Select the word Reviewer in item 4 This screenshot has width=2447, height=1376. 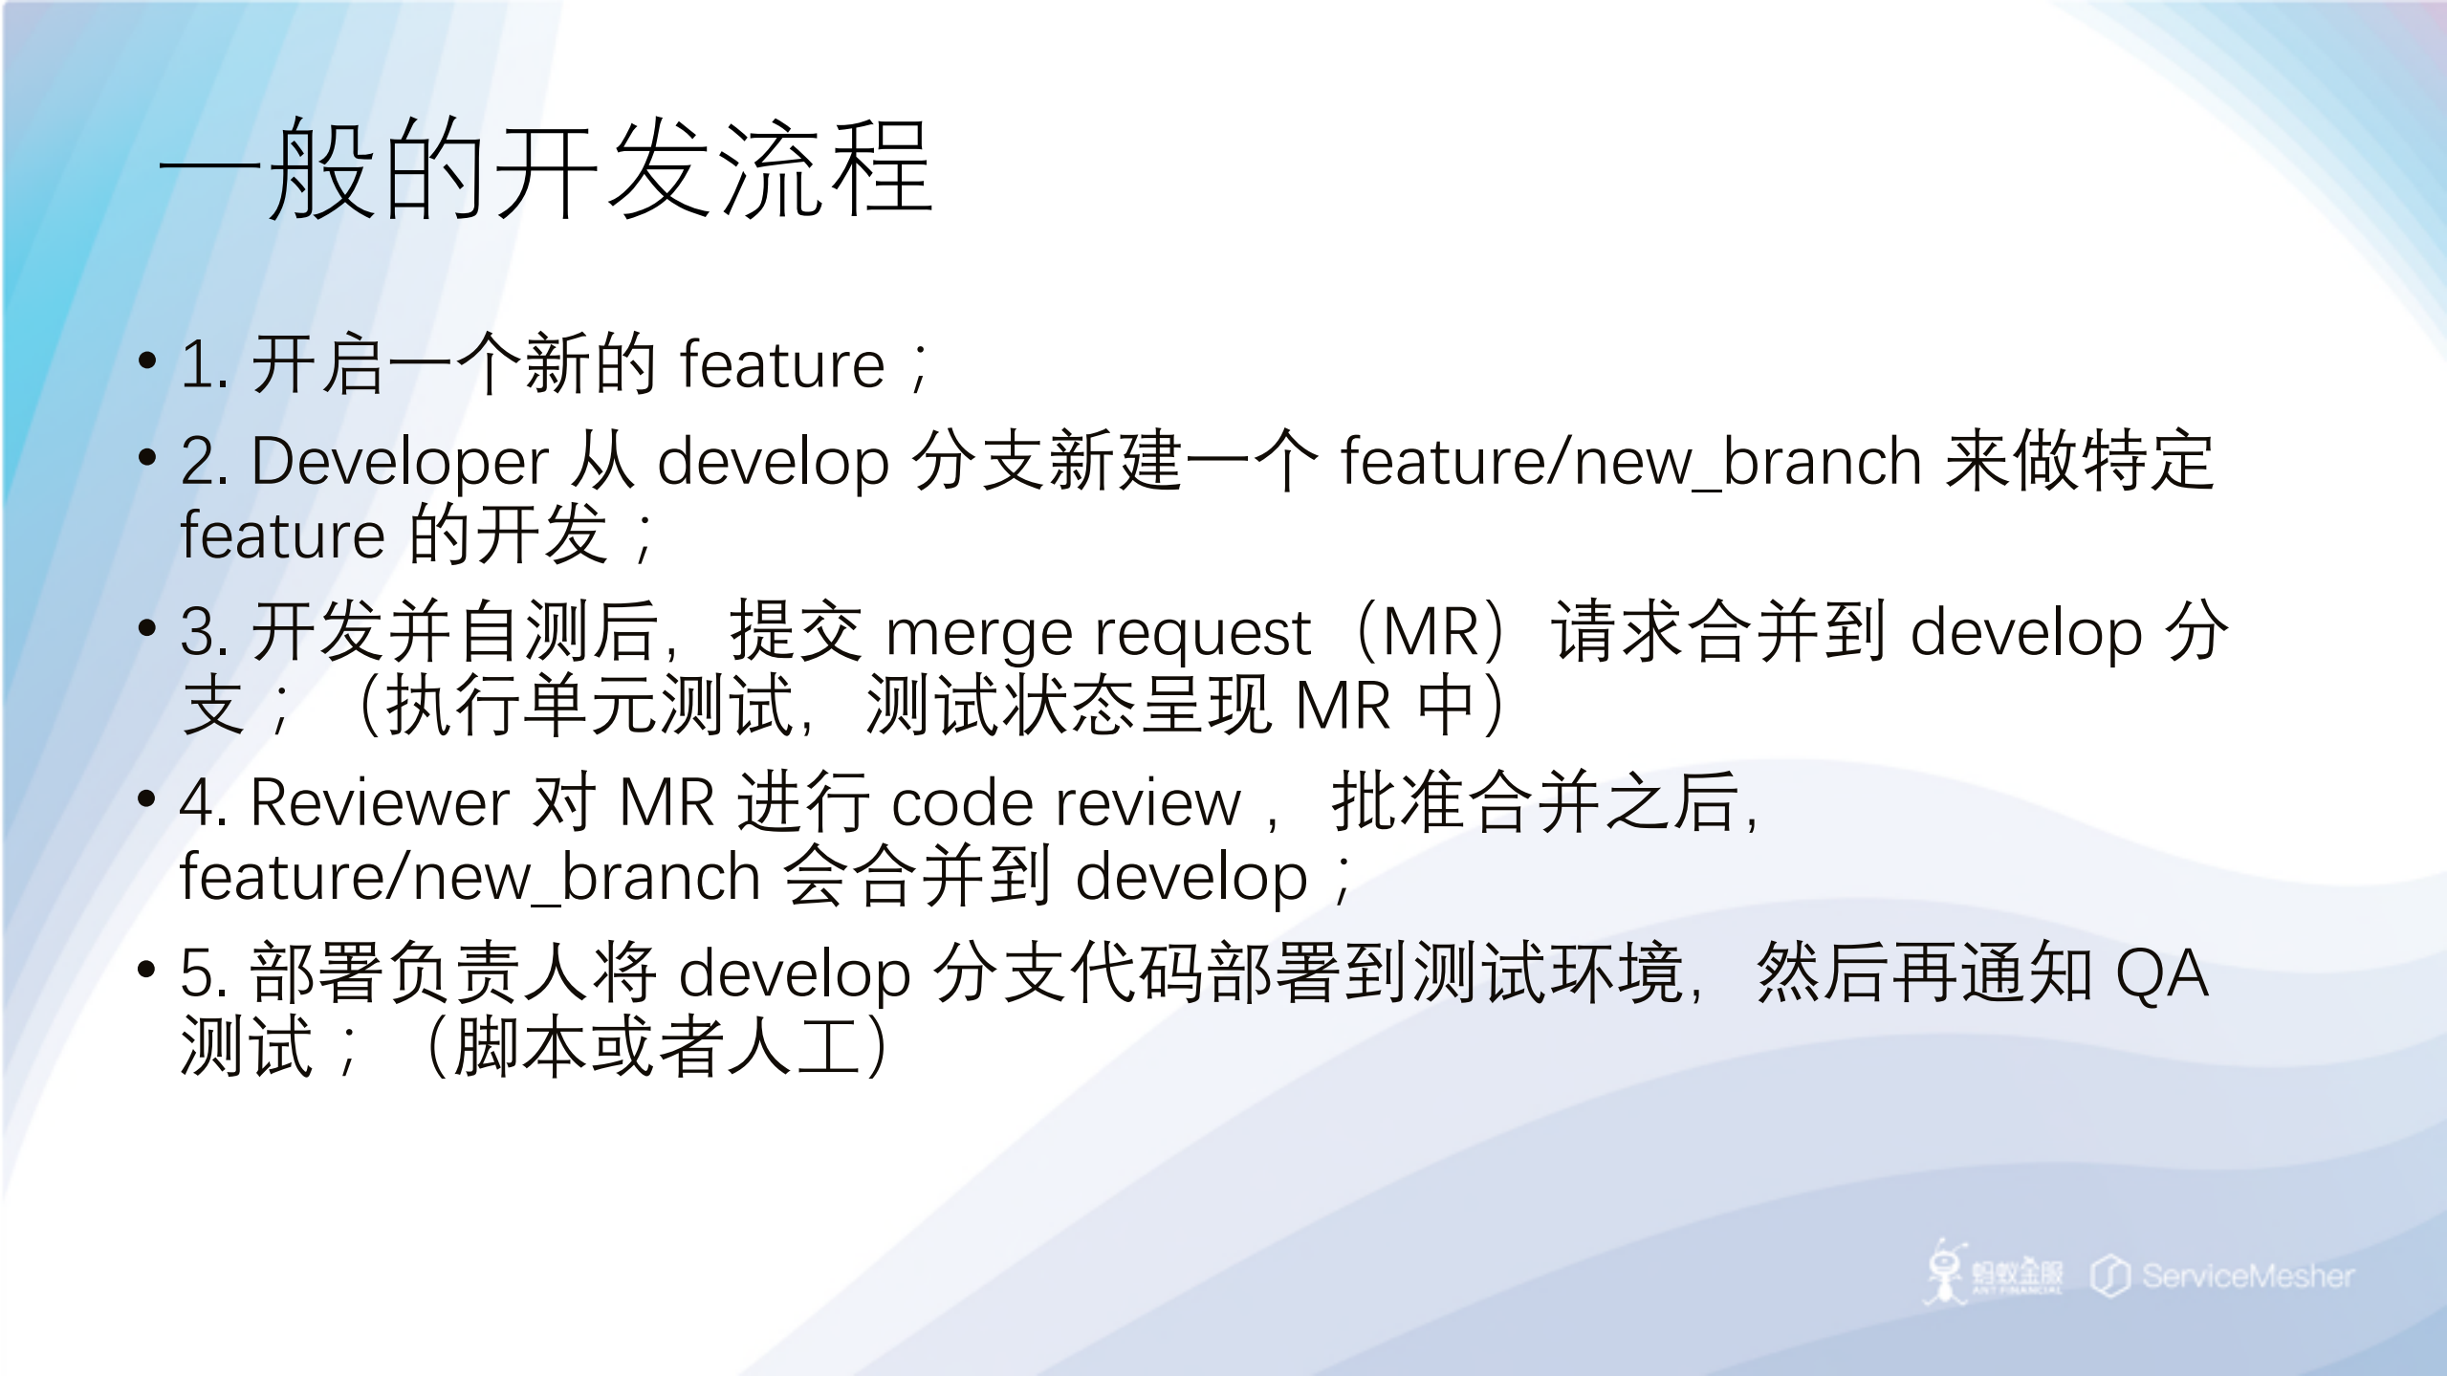[x=380, y=802]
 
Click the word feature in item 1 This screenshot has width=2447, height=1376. [x=782, y=365]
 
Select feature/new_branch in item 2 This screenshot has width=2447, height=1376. [x=1631, y=462]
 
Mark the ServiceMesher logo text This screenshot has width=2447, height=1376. [x=2247, y=1276]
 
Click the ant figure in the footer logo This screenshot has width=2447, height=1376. [x=1945, y=1272]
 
